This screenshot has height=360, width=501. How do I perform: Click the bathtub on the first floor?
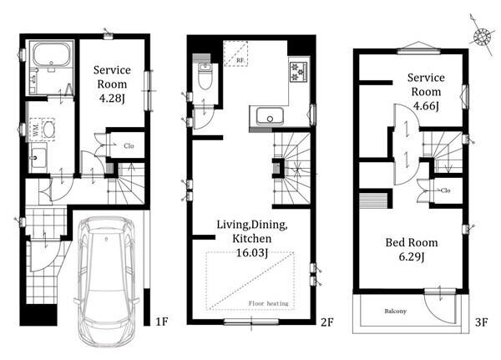[x=52, y=54]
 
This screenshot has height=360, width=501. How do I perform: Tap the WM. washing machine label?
[x=36, y=129]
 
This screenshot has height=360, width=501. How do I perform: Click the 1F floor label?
[x=162, y=322]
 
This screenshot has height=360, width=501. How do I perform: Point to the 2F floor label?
[x=327, y=322]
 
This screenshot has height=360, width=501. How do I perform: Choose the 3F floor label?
[x=481, y=322]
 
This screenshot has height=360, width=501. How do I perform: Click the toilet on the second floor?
[x=204, y=76]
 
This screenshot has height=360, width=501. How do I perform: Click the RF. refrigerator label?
[x=241, y=60]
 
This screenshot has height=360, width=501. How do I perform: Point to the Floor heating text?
[x=268, y=303]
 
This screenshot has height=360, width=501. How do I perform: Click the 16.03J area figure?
[x=251, y=253]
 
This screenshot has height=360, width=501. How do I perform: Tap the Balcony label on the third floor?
[x=395, y=311]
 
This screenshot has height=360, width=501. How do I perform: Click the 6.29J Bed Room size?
[x=412, y=256]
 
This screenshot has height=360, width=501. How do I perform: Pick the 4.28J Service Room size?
[x=112, y=99]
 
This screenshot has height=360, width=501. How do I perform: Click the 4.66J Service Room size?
[x=426, y=106]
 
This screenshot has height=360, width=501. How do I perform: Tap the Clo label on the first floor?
[x=129, y=146]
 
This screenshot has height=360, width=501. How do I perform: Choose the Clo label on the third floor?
[x=445, y=190]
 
